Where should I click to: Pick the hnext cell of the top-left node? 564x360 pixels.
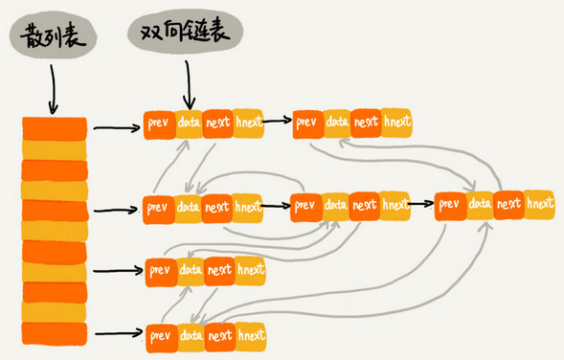tap(248, 124)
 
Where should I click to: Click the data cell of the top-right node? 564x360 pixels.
tap(337, 123)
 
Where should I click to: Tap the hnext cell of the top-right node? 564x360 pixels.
tap(395, 123)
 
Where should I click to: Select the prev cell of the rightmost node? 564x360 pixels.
tap(450, 203)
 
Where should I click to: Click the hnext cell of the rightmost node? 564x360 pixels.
tap(540, 203)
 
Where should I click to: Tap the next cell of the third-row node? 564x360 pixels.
tap(219, 269)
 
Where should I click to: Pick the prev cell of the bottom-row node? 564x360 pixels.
tap(160, 335)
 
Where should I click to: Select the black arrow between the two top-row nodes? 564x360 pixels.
tap(278, 123)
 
